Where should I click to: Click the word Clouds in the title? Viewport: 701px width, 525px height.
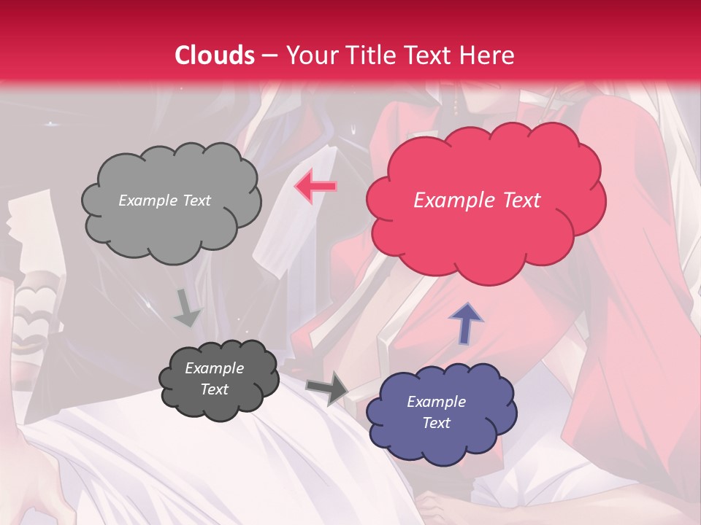(x=215, y=55)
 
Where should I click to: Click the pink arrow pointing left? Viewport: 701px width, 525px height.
(x=315, y=187)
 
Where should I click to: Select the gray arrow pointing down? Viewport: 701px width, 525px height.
(x=187, y=307)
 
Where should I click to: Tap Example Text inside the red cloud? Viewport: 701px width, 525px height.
(x=477, y=201)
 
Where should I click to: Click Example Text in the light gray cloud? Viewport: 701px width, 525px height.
(x=164, y=201)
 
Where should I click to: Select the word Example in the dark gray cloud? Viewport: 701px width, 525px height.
(x=214, y=368)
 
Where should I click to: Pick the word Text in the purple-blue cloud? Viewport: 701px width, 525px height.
(x=436, y=423)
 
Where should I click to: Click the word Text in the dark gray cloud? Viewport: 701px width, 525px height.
(x=214, y=389)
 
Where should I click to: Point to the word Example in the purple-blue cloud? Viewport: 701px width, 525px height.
(x=436, y=402)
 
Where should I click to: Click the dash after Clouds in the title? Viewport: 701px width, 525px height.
(x=268, y=56)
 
